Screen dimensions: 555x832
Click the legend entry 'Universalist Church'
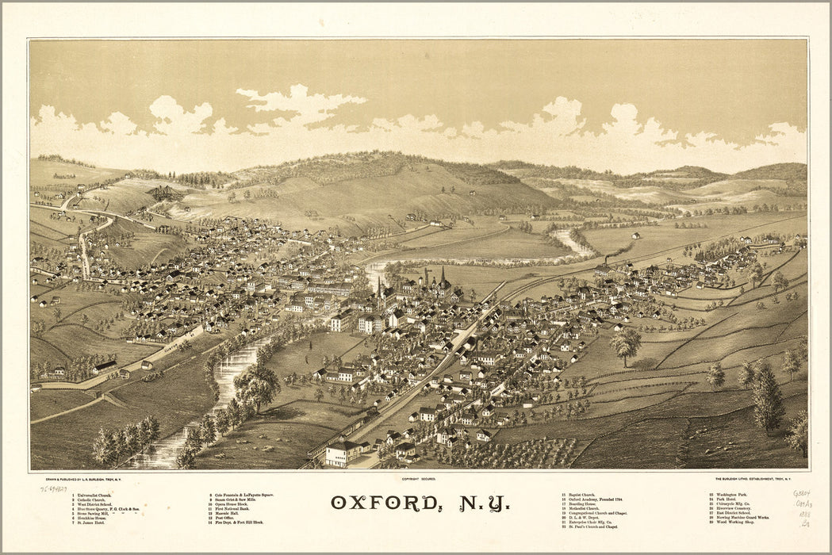(x=95, y=495)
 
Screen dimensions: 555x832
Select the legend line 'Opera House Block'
(x=232, y=504)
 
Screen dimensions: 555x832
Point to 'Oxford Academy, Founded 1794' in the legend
(x=597, y=499)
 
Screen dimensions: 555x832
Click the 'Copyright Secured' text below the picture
(x=418, y=479)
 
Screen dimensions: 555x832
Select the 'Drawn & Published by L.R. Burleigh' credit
(x=89, y=479)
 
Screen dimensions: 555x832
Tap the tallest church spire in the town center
(x=443, y=277)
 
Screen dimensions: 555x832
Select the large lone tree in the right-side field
(x=626, y=343)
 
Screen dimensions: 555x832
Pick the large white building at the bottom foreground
(x=343, y=453)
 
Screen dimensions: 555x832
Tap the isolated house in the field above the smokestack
(x=636, y=235)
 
